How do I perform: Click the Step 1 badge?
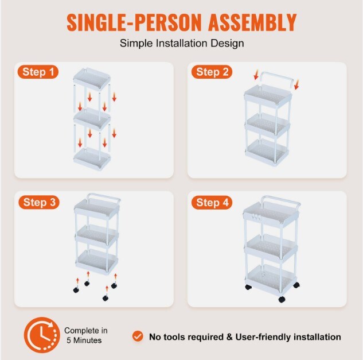click(38, 72)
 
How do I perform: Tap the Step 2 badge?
click(212, 72)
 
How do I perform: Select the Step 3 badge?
click(39, 202)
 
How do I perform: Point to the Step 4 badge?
click(212, 202)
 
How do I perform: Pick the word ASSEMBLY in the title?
click(252, 22)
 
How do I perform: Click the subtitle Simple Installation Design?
click(182, 43)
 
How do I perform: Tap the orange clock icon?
click(42, 335)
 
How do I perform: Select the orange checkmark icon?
click(138, 336)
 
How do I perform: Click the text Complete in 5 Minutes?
click(85, 335)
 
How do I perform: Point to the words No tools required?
click(186, 337)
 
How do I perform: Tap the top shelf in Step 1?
click(92, 79)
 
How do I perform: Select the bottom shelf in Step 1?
click(92, 158)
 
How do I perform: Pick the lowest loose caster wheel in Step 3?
click(106, 298)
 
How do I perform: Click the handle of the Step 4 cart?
click(281, 201)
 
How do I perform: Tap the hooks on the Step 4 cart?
click(255, 218)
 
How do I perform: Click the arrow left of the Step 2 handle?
click(256, 75)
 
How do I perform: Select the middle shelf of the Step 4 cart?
click(271, 248)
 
